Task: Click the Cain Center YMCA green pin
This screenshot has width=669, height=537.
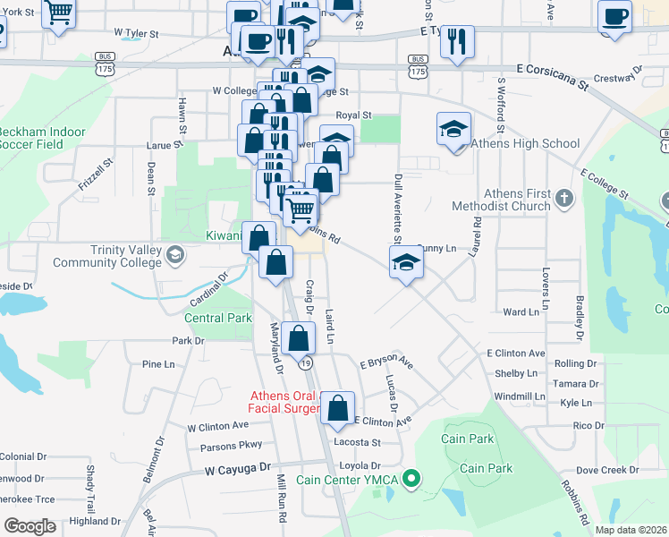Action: pos(412,480)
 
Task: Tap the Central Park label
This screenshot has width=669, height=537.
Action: pos(218,318)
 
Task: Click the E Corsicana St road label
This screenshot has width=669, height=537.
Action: pos(555,78)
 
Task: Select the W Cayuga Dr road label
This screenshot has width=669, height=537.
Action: pos(237,468)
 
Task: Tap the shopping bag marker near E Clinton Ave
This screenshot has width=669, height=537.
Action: pos(338,408)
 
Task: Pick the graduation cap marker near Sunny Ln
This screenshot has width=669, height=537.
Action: pos(406,262)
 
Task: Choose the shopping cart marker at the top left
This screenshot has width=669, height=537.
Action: pos(59,13)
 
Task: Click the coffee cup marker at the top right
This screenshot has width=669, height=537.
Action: pos(615,17)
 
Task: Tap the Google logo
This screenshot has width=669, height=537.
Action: pos(30,526)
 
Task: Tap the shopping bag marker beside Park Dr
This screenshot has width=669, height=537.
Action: pos(300,338)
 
